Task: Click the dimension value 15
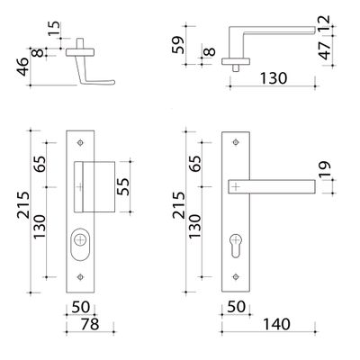point(54,29)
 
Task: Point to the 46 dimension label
point(22,67)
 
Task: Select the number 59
point(178,45)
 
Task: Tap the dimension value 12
point(324,24)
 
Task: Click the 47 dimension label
point(325,50)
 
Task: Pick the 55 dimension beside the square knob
point(123,186)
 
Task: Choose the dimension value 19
point(324,169)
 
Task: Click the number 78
point(90,324)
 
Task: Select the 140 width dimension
point(276,324)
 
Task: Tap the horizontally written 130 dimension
point(273,78)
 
